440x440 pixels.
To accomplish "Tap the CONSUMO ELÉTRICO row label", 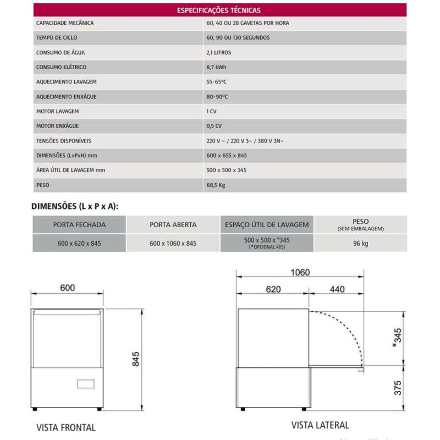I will (61, 68).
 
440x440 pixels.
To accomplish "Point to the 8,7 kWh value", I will (215, 68).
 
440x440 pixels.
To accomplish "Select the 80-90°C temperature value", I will (216, 97).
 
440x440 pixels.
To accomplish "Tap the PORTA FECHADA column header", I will (79, 225).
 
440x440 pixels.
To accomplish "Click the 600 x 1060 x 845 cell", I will (173, 243).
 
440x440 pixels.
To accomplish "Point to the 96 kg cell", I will (361, 243).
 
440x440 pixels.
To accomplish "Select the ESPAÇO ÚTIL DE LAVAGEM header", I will (267, 225).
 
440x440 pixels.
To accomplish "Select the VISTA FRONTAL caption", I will (66, 427).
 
